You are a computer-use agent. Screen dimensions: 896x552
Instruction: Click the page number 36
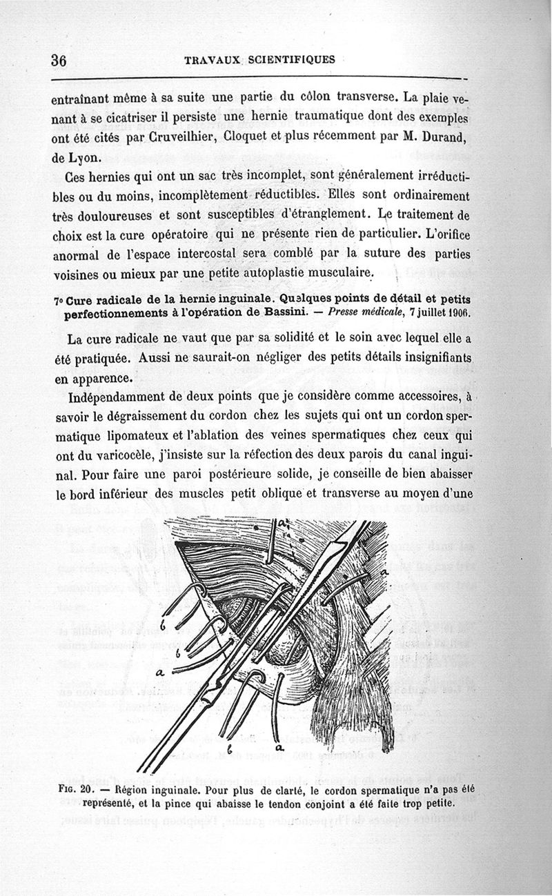[58, 61]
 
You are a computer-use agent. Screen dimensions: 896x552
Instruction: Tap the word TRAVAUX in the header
[210, 60]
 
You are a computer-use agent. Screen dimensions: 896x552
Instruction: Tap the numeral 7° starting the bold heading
[58, 301]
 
